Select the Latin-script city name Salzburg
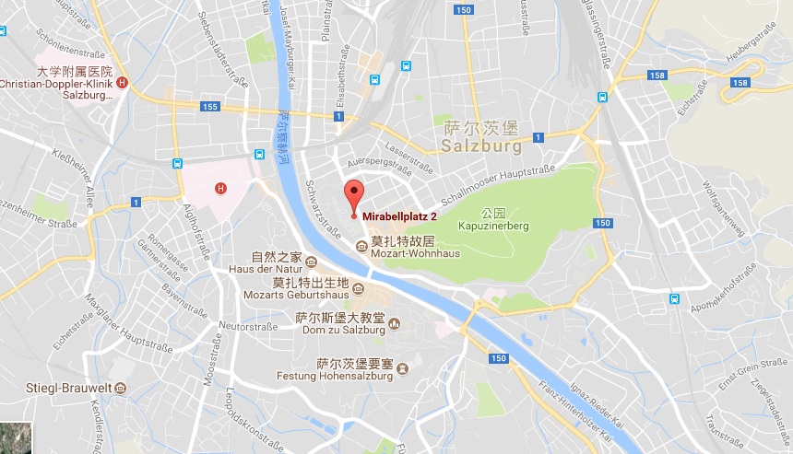pyautogui.click(x=480, y=146)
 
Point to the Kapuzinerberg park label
pyautogui.click(x=492, y=225)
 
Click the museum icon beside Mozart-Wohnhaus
pyautogui.click(x=361, y=244)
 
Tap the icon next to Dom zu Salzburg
pyautogui.click(x=395, y=323)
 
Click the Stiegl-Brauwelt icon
pyautogui.click(x=120, y=389)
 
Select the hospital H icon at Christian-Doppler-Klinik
pyautogui.click(x=123, y=83)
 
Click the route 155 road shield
pyautogui.click(x=210, y=107)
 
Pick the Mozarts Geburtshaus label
pyautogui.click(x=296, y=295)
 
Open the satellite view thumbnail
pyautogui.click(x=16, y=437)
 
